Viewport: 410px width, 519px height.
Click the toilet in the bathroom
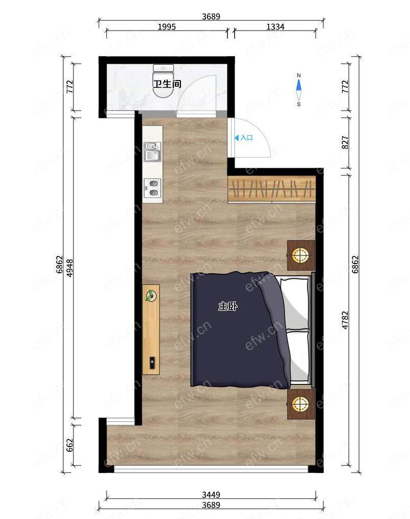pos(163,81)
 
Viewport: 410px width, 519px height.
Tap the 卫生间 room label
pos(167,84)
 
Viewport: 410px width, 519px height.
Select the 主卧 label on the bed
pos(228,306)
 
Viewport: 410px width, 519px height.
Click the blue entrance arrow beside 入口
pos(237,138)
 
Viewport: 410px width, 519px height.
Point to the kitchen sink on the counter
pos(152,152)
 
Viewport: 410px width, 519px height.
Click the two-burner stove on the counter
pos(152,188)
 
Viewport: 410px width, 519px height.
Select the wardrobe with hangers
pos(272,189)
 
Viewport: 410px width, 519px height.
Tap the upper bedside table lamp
pos(300,255)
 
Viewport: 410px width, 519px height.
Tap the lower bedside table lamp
pos(300,403)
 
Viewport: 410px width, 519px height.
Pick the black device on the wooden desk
pos(152,363)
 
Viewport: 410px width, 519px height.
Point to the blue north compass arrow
pos(299,85)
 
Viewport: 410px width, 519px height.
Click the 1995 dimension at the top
pos(167,27)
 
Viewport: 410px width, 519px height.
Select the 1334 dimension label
pos(275,27)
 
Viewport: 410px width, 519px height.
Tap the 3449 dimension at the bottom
pos(211,495)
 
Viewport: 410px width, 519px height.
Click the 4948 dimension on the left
pos(70,268)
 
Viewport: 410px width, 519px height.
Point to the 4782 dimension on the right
pos(345,320)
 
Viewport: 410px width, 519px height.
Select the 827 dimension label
pos(345,142)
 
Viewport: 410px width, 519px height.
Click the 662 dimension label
pos(70,445)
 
